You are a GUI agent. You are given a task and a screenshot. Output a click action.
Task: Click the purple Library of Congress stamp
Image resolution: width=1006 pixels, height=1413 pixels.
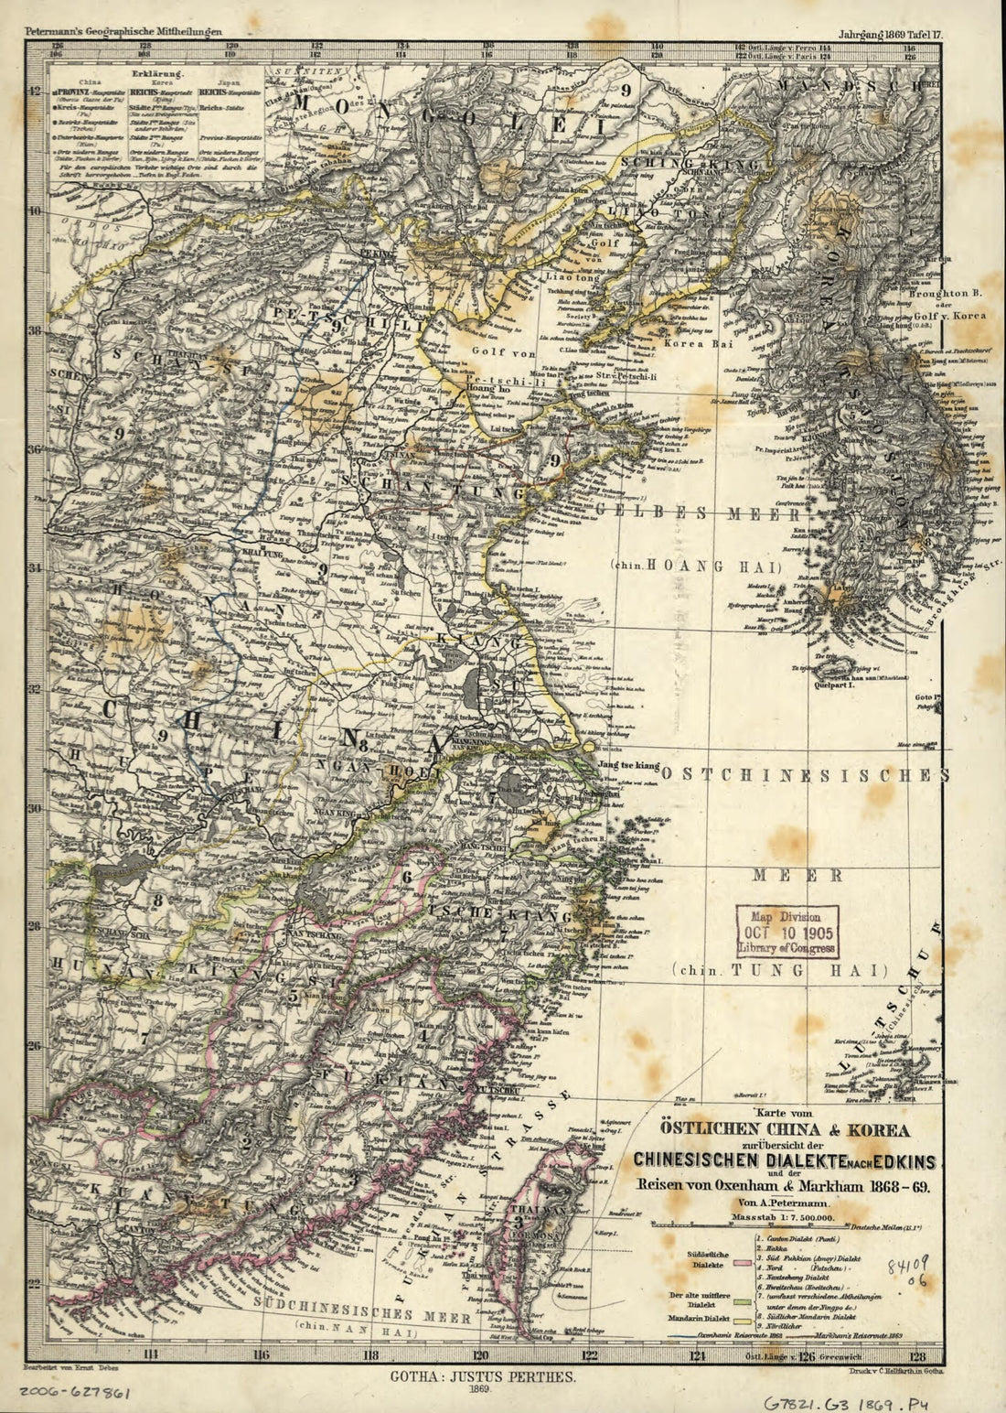787,932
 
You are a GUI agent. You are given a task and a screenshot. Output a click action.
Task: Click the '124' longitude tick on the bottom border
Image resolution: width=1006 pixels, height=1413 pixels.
698,1356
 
